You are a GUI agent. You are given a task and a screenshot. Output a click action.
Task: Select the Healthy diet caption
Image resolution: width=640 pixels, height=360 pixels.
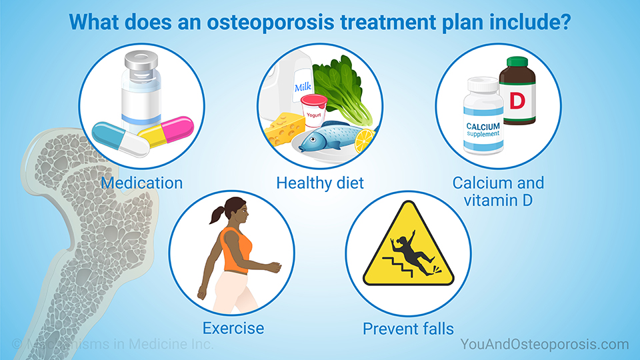pyautogui.click(x=320, y=183)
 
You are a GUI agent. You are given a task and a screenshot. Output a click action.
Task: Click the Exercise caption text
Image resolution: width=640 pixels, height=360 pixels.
pyautogui.click(x=233, y=328)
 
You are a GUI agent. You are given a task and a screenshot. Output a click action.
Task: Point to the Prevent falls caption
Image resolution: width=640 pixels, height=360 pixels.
pyautogui.click(x=408, y=329)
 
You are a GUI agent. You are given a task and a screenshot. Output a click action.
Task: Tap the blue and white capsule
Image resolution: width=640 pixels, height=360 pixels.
pyautogui.click(x=120, y=138)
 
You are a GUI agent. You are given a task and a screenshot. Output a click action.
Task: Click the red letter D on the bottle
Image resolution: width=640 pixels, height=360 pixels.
pyautogui.click(x=517, y=101)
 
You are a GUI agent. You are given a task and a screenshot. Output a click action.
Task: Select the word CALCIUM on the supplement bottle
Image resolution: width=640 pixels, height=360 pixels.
pyautogui.click(x=483, y=126)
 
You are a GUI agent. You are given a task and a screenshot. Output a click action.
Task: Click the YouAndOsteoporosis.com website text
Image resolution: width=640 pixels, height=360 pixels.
pyautogui.click(x=544, y=345)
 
